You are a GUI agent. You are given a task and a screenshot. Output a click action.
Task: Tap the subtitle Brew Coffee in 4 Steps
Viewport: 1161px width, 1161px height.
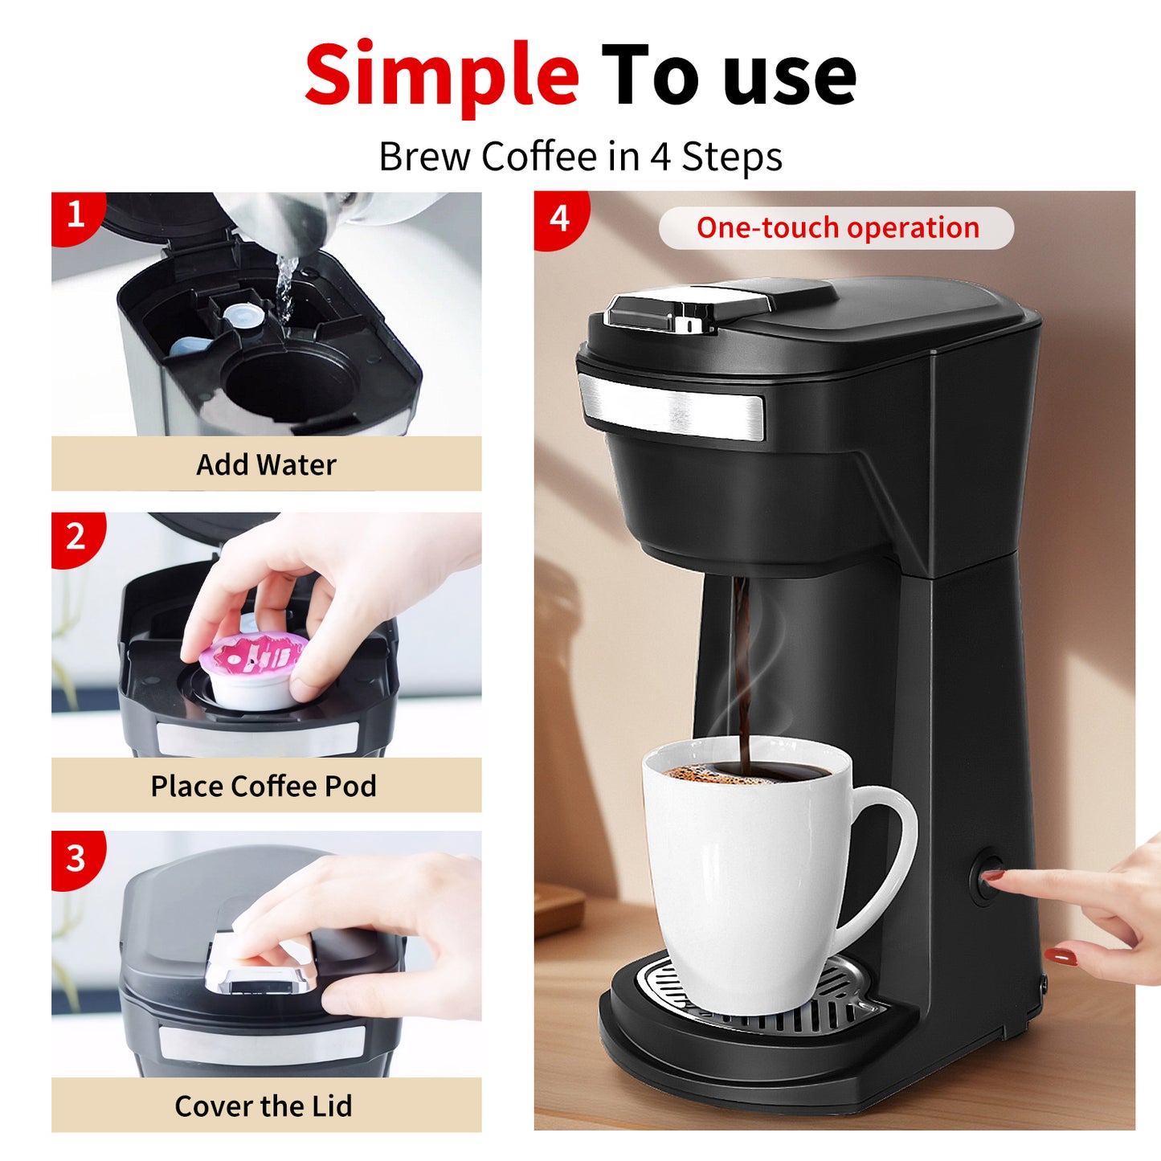580,157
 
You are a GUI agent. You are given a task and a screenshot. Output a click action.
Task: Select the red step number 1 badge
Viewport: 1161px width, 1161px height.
76,215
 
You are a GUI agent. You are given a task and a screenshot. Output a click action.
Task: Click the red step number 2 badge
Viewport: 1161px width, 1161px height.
76,536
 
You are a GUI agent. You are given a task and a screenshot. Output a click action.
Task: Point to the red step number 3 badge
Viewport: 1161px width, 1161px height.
76,857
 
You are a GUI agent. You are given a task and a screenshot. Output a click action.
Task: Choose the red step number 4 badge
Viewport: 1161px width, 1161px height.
560,218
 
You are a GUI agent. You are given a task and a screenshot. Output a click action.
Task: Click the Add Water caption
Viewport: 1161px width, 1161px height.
266,464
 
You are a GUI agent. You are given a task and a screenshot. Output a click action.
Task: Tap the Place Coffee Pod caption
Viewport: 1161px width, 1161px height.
264,786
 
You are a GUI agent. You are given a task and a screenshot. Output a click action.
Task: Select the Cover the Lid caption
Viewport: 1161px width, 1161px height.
264,1106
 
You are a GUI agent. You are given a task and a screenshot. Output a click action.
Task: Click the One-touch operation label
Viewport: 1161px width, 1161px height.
837,228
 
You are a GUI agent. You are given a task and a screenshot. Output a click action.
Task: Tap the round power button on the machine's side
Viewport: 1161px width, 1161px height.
985,879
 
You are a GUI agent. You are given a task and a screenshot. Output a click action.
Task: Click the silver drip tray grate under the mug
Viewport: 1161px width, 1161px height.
852,1004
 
